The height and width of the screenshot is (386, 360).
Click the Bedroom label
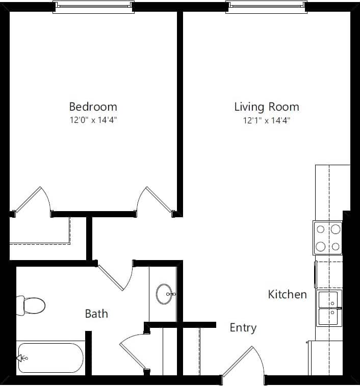93,107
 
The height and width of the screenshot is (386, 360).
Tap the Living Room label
266,107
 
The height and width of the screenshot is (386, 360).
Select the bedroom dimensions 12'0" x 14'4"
93,120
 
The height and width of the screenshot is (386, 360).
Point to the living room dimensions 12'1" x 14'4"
267,120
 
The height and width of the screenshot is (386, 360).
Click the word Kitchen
288,294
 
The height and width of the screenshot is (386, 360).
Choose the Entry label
243,327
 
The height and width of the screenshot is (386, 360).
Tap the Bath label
96,314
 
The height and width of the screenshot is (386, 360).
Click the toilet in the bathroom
32,305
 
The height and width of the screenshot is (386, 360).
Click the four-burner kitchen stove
328,238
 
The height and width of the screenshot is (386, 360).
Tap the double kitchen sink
329,307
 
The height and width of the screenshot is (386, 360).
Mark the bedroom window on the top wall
93,7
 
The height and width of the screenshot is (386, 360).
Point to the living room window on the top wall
267,7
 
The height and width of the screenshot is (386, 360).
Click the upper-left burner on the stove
321,229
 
